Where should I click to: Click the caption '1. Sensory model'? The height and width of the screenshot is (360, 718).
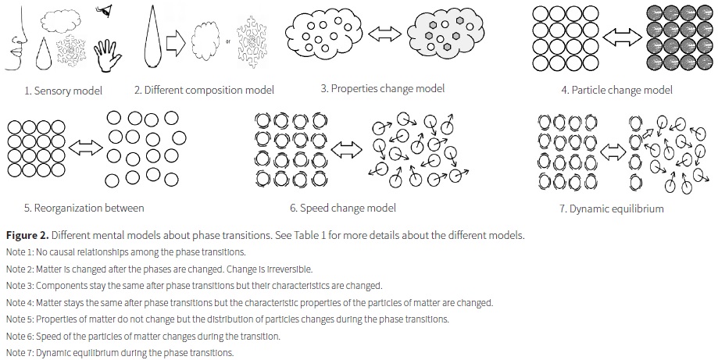point(63,91)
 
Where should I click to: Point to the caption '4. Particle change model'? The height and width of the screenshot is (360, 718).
point(616,90)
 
